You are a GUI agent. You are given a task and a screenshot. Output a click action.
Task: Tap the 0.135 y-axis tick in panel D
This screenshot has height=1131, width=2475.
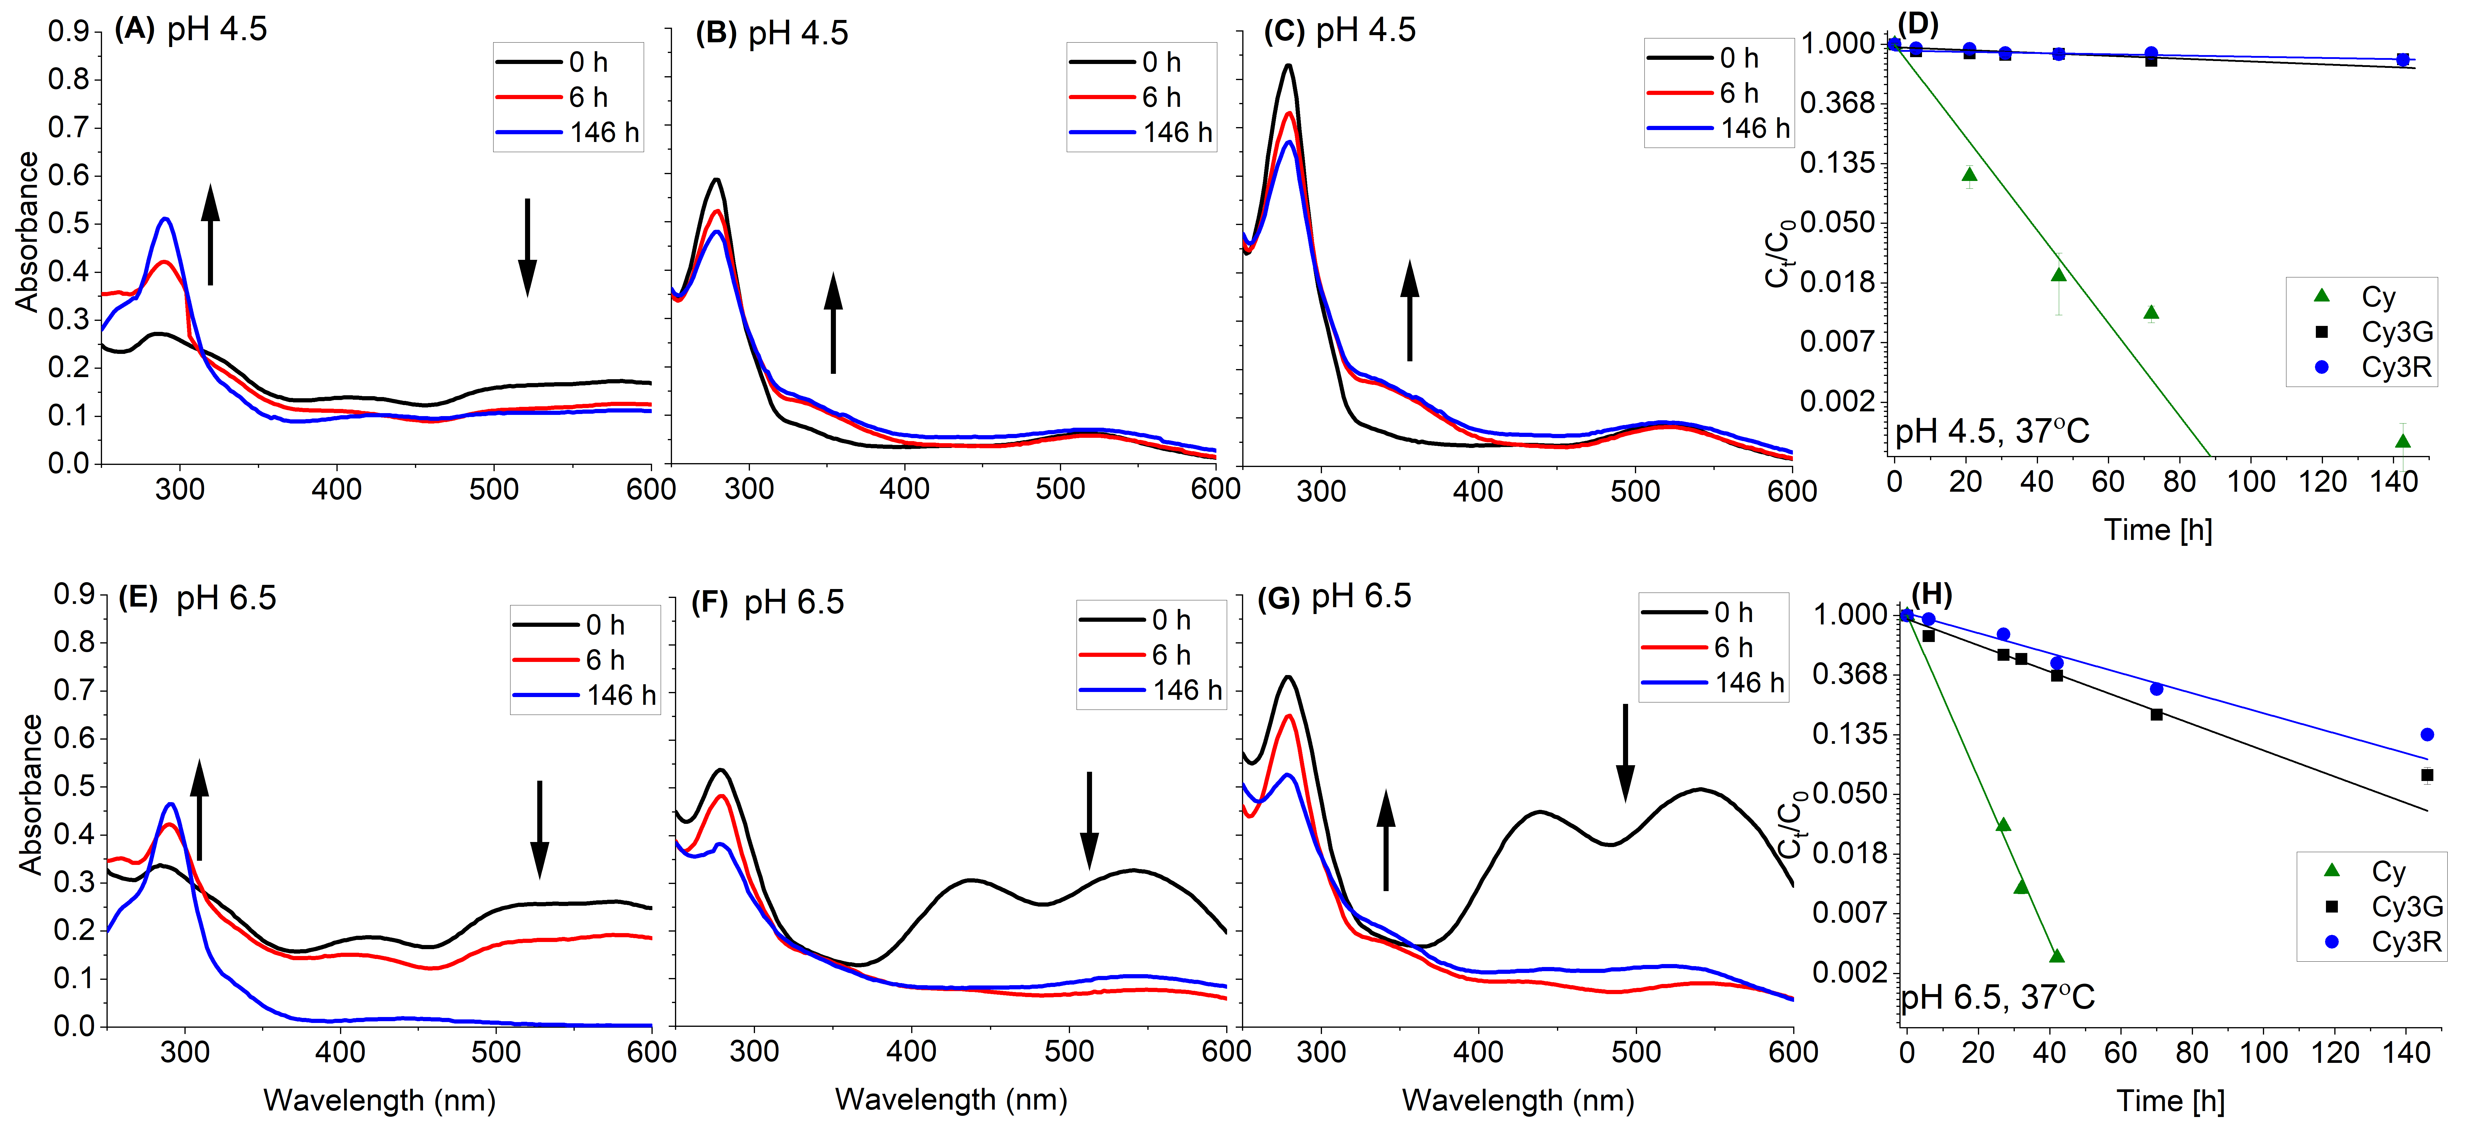pyautogui.click(x=1837, y=163)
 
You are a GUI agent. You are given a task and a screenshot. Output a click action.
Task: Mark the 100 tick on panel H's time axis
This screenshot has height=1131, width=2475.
pyautogui.click(x=2263, y=1052)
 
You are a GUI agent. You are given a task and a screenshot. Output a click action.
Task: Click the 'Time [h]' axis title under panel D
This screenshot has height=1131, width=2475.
pyautogui.click(x=2158, y=529)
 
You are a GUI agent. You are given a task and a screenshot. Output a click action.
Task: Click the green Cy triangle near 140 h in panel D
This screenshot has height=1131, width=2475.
pyautogui.click(x=2403, y=441)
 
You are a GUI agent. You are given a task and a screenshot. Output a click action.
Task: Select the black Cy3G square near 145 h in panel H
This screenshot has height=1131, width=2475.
pyautogui.click(x=2427, y=774)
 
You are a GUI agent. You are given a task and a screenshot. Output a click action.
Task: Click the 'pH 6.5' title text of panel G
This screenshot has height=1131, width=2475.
pyautogui.click(x=1360, y=597)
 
